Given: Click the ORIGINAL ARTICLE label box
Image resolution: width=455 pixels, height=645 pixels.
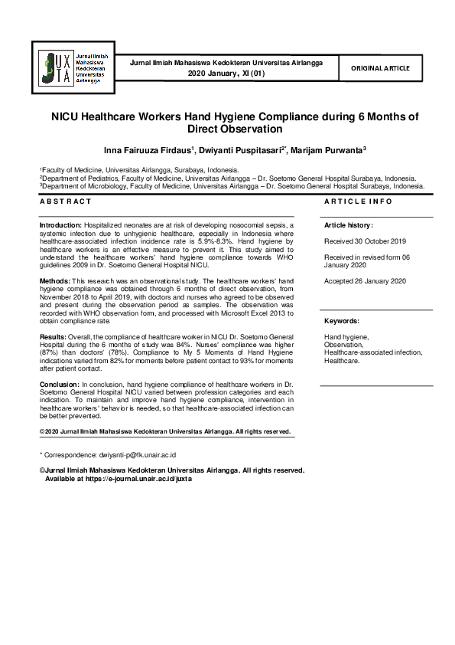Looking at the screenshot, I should tap(380, 68).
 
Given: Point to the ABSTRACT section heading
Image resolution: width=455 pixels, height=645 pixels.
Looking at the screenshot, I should tap(66, 201).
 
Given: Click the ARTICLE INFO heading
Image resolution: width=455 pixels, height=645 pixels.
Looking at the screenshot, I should tap(359, 201).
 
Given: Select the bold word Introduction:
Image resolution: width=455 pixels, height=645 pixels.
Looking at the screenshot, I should tap(60, 225).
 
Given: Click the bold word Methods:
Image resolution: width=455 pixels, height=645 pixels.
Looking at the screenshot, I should tap(55, 282).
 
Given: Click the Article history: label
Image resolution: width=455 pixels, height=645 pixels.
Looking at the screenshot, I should tap(349, 226).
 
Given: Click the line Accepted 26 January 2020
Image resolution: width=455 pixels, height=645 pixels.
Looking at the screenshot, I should tap(366, 281).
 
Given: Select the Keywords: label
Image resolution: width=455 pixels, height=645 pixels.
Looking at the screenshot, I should tap(342, 321).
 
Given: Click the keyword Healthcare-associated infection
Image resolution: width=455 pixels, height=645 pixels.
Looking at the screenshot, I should tap(372, 352).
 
